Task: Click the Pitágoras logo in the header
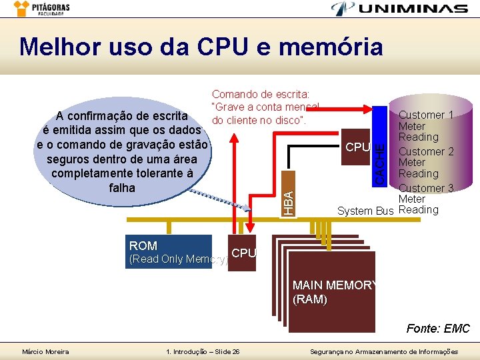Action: (41, 9)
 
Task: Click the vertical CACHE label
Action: (379, 160)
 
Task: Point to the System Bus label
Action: (365, 211)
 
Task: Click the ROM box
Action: (169, 252)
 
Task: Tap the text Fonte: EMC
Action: (438, 329)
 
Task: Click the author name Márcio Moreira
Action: (45, 351)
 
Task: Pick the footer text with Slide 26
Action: (202, 351)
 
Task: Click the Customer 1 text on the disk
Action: (426, 115)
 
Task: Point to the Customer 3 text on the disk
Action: (426, 188)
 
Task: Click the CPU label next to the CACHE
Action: (357, 147)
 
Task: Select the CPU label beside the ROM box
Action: (243, 253)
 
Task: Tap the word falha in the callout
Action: (121, 187)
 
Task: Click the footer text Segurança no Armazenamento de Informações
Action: (385, 351)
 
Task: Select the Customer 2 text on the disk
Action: (426, 151)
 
